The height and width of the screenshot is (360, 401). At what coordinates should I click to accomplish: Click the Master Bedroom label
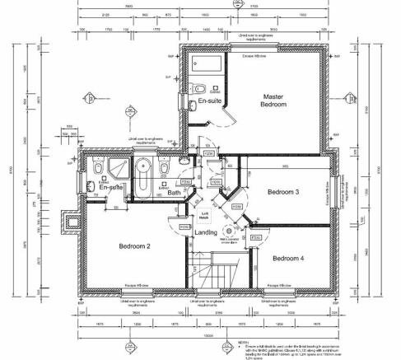[273, 101]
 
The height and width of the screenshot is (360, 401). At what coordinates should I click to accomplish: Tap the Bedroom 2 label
[135, 245]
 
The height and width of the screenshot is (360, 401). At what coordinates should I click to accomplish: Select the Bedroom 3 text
[282, 192]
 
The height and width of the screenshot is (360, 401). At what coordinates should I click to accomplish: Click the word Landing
[205, 231]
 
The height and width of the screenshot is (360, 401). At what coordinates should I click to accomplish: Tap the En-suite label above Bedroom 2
[110, 188]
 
